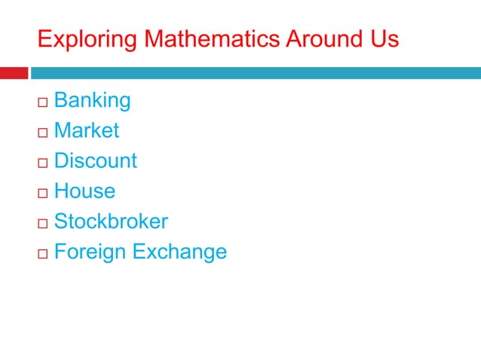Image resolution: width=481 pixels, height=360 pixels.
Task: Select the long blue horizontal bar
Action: coord(255,73)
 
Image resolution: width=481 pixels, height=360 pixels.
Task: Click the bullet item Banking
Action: coord(93,100)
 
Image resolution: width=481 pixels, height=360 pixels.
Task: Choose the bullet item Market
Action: coord(87,130)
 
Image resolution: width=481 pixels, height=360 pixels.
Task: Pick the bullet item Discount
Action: coord(96,161)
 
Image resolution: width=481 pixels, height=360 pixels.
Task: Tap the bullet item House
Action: coord(84,191)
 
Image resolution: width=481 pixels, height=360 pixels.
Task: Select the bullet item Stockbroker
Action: coord(111,221)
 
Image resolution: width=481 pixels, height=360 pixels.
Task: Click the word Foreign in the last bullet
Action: coord(90,252)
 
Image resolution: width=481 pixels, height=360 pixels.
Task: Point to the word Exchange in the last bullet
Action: coord(179,252)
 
